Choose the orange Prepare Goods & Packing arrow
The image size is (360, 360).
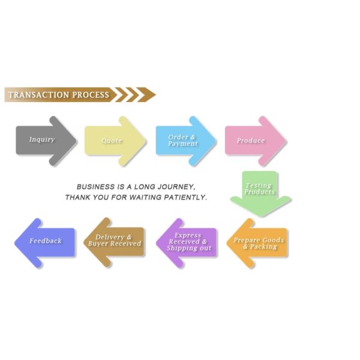(x=259, y=243)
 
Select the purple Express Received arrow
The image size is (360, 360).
(x=187, y=242)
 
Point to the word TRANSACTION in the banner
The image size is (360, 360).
(x=38, y=95)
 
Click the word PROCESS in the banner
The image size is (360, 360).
(x=91, y=95)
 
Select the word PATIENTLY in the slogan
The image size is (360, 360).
(x=185, y=197)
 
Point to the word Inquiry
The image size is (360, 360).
(x=42, y=139)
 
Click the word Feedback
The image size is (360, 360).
(x=46, y=241)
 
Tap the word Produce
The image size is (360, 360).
(x=251, y=140)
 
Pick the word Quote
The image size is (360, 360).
(x=112, y=140)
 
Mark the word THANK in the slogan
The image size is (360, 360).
(x=78, y=197)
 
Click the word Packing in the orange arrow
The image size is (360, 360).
(x=264, y=247)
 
